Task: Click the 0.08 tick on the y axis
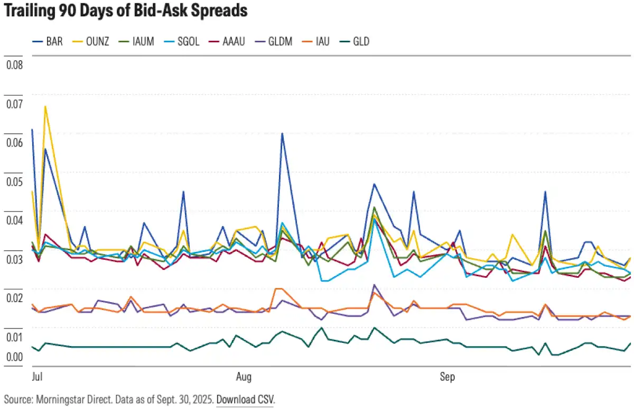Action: coord(14,65)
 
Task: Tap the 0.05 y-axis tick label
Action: coord(14,182)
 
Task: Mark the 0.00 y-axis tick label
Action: coord(14,357)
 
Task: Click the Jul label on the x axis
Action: coord(37,378)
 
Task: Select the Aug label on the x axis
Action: coord(244,378)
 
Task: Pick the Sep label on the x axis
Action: coord(447,378)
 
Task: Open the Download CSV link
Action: coord(245,398)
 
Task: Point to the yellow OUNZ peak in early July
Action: coord(45,106)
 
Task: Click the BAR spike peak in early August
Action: coord(282,133)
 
